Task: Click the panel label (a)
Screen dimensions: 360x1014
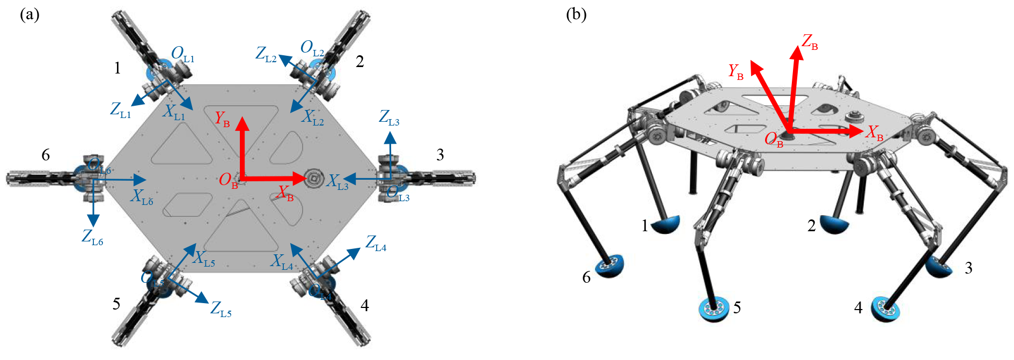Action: [30, 14]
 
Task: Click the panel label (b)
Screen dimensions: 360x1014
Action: [576, 14]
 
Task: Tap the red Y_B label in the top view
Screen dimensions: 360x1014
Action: [222, 119]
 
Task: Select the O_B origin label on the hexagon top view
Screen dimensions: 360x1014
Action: [228, 180]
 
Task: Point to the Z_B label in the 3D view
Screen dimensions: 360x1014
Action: [809, 42]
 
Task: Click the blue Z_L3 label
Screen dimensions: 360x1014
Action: [389, 117]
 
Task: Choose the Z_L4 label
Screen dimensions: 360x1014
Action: [376, 244]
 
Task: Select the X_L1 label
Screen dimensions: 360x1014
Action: [173, 113]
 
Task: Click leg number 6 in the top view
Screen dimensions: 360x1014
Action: [46, 155]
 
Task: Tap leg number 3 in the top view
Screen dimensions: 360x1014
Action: [440, 155]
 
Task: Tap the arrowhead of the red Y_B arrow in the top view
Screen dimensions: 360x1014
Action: [243, 123]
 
